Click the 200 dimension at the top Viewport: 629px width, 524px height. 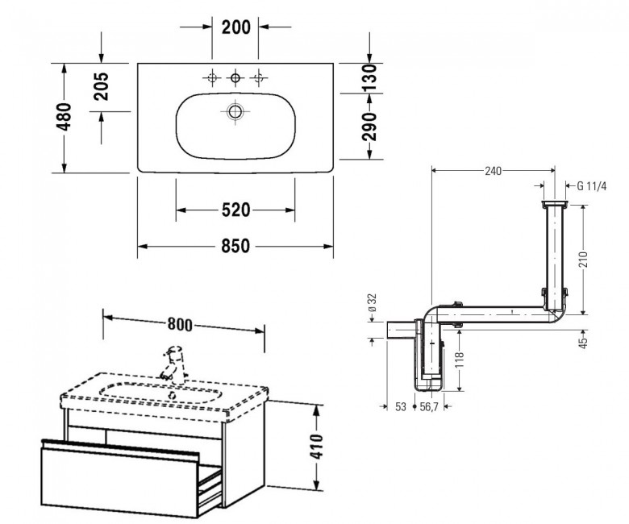pyautogui.click(x=235, y=27)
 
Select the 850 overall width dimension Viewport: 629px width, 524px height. pyautogui.click(x=235, y=246)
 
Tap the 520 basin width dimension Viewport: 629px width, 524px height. pyautogui.click(x=235, y=210)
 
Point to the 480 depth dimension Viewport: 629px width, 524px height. pyautogui.click(x=65, y=117)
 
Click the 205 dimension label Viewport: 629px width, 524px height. pyautogui.click(x=101, y=86)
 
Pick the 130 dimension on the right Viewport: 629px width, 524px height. pyautogui.click(x=369, y=77)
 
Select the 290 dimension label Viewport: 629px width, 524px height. pyautogui.click(x=369, y=127)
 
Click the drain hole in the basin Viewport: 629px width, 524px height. pyautogui.click(x=235, y=111)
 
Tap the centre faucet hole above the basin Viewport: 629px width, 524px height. pyautogui.click(x=235, y=77)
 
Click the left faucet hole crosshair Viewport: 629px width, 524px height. pyautogui.click(x=212, y=77)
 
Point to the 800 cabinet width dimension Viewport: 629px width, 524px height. pyautogui.click(x=180, y=324)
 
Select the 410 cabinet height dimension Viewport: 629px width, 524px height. pyautogui.click(x=317, y=447)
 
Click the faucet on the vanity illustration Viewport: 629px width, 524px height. pyautogui.click(x=173, y=363)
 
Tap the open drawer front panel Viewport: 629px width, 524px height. pyautogui.click(x=119, y=482)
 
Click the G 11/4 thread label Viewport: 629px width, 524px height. pyautogui.click(x=592, y=186)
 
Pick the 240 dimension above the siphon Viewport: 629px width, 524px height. pyautogui.click(x=493, y=171)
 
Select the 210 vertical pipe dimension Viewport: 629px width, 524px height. pyautogui.click(x=583, y=260)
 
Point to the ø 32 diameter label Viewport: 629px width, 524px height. pyautogui.click(x=373, y=302)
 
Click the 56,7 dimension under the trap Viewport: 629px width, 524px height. pyautogui.click(x=429, y=406)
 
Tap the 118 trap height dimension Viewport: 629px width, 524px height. pyautogui.click(x=460, y=360)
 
